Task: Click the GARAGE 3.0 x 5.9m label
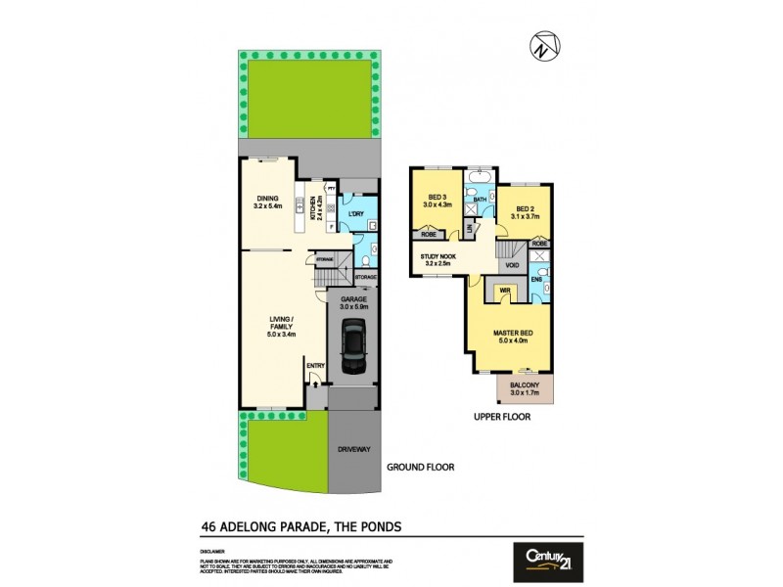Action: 352,304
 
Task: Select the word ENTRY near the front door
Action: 315,367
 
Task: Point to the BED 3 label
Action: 434,199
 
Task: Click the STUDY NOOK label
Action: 435,258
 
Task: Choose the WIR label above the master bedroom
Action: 504,290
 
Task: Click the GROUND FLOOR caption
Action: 421,468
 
